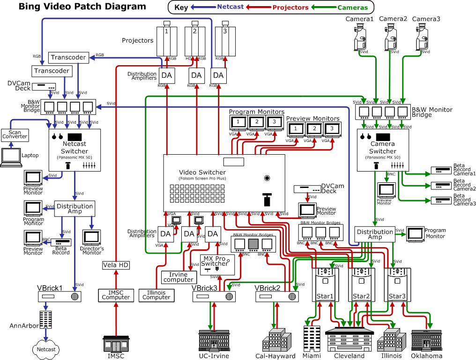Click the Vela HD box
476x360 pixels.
click(x=116, y=265)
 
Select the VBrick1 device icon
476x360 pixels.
click(x=59, y=296)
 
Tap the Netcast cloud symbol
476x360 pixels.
click(x=46, y=349)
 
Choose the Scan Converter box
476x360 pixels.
click(x=15, y=135)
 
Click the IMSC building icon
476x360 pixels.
click(x=116, y=344)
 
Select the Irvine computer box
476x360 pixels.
click(x=178, y=277)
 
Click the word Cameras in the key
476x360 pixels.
click(x=353, y=7)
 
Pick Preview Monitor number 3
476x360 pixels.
click(x=331, y=129)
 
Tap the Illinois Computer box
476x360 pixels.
click(x=156, y=295)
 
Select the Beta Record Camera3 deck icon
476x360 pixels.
click(x=440, y=201)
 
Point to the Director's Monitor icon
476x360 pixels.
click(x=92, y=237)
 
